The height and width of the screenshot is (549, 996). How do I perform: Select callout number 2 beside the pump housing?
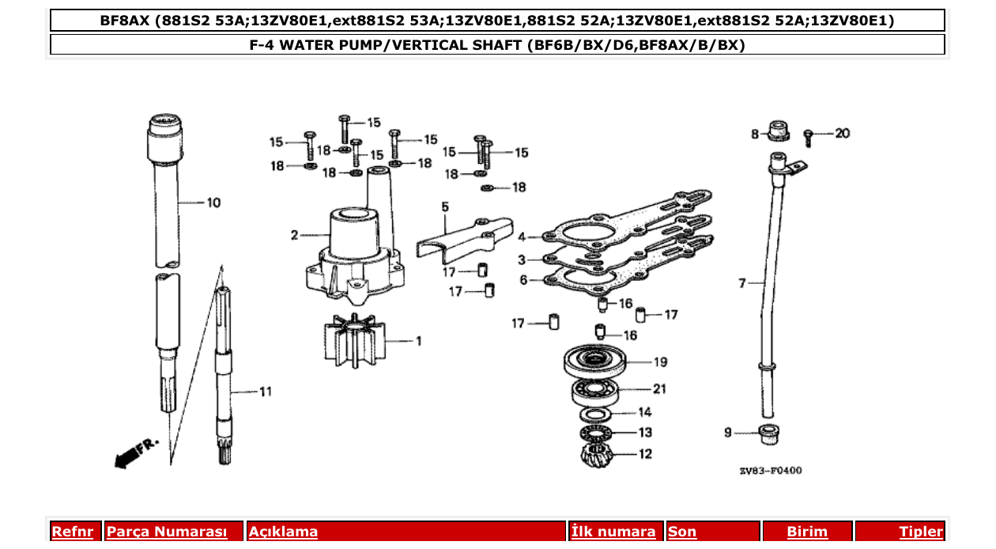(x=294, y=235)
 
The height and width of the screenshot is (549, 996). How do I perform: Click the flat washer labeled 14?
(x=600, y=414)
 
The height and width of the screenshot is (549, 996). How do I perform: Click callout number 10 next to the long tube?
(x=213, y=203)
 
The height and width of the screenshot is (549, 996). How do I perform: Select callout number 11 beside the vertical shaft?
(x=265, y=391)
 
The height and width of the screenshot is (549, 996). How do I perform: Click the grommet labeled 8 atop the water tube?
(x=779, y=131)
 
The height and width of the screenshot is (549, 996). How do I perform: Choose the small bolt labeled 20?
(x=809, y=138)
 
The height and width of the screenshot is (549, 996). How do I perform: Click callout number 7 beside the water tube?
(x=742, y=282)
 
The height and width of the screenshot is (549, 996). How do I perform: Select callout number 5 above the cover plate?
(x=445, y=206)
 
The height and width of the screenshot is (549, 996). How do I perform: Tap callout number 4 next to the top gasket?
(x=522, y=236)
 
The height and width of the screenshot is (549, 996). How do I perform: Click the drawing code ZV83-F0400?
(x=770, y=471)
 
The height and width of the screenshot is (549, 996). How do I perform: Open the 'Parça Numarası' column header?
(x=167, y=532)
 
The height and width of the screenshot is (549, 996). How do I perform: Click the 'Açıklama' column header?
(x=284, y=532)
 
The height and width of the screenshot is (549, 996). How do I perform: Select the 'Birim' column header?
(x=806, y=532)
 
